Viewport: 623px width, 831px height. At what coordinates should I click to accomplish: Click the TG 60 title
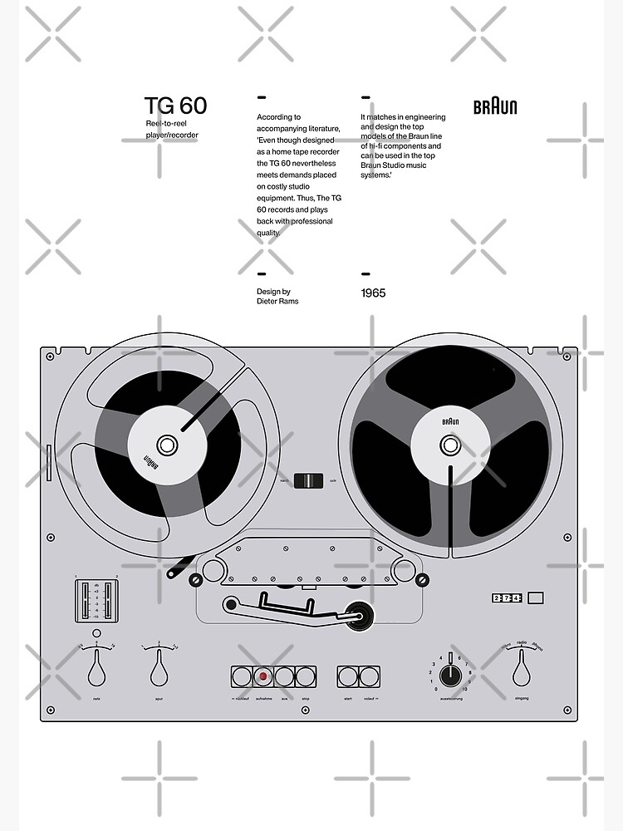click(x=175, y=106)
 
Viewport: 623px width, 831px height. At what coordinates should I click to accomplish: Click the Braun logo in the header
click(x=495, y=106)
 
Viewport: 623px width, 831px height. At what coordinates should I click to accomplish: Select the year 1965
click(x=373, y=293)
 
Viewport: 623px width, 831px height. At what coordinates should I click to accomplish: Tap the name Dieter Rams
click(x=277, y=301)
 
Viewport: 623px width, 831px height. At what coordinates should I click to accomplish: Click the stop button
click(x=305, y=676)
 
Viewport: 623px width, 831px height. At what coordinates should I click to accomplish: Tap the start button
click(x=347, y=676)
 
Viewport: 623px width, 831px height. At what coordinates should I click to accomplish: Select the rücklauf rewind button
click(x=242, y=676)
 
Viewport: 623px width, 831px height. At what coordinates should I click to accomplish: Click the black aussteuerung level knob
click(x=449, y=672)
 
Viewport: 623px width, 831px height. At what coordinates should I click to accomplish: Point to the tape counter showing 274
click(x=506, y=597)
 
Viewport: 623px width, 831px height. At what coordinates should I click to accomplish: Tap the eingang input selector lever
click(x=521, y=666)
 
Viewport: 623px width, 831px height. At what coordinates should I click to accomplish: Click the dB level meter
click(x=97, y=601)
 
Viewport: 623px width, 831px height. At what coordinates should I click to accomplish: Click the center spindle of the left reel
click(x=167, y=445)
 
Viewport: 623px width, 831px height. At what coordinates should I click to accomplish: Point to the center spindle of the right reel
click(x=450, y=445)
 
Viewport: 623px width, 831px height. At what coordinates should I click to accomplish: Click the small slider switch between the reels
click(x=308, y=480)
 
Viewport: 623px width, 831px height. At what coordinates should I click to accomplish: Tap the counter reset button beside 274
click(x=536, y=597)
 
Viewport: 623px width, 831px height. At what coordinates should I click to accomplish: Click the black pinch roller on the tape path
click(x=360, y=616)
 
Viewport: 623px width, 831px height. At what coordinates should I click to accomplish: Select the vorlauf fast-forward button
click(x=368, y=676)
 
